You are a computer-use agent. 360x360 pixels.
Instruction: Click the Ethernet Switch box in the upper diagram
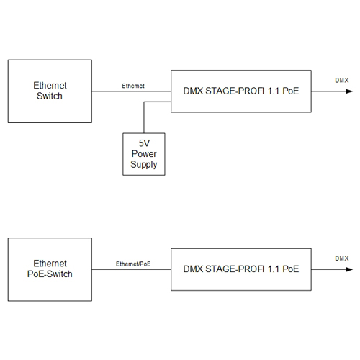[50, 91]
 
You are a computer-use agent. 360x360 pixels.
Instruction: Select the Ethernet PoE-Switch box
[50, 269]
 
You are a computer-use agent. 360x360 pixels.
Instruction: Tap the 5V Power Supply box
[144, 154]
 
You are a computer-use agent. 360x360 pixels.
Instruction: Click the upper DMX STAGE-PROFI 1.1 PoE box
[241, 91]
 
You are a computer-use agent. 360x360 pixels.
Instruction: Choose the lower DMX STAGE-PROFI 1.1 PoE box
[241, 269]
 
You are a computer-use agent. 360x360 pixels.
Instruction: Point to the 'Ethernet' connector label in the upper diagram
[133, 86]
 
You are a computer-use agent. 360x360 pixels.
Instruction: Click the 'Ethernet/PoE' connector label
[133, 264]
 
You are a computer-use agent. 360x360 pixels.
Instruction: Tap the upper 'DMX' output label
[342, 80]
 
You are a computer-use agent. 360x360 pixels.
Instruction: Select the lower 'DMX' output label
[342, 258]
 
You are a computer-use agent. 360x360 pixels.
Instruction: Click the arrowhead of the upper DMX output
[349, 91]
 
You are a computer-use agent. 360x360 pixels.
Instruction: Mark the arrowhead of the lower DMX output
[349, 269]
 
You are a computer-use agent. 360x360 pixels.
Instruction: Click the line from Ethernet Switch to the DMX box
[131, 91]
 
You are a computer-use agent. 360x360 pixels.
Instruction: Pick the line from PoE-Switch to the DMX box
[131, 269]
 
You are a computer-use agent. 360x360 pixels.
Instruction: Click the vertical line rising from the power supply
[144, 117]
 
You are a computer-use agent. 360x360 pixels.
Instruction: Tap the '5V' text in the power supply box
[144, 143]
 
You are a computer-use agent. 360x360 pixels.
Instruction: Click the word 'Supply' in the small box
[144, 165]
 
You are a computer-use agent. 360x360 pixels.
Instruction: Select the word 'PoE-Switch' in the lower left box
[50, 274]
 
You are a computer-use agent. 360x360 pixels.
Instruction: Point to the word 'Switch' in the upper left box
[50, 96]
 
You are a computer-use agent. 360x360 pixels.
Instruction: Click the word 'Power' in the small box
[144, 154]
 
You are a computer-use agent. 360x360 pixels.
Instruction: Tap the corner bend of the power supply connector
[144, 102]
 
